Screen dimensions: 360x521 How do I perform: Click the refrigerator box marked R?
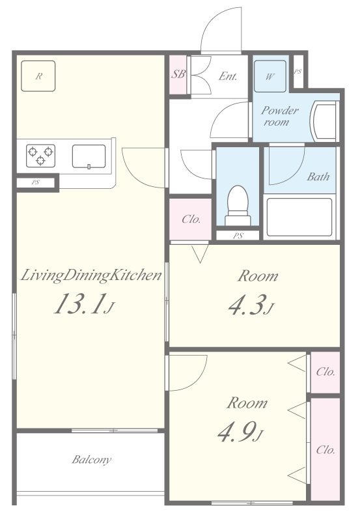pos(38,76)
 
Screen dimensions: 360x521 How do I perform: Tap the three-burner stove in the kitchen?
pos(40,156)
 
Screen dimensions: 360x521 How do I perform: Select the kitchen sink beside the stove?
pos(89,156)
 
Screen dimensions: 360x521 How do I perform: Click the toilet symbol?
pos(238,206)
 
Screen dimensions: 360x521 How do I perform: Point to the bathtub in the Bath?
pos(299,217)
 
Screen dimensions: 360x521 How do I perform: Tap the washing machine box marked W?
pos(270,76)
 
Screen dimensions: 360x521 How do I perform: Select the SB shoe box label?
pos(178,74)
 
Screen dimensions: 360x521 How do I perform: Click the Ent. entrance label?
pos(228,76)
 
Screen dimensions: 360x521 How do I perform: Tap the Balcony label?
pos(92,460)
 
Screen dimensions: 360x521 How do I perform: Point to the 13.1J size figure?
pos(85,303)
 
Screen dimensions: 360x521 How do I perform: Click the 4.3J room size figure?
pos(251,304)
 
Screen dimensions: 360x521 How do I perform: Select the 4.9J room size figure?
pos(240,432)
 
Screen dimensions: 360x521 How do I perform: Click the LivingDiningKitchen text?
pos(91,275)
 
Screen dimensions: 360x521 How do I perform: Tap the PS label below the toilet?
pos(238,236)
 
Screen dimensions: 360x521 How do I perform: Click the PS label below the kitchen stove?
pos(36,182)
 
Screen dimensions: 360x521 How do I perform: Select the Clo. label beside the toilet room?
pos(191,219)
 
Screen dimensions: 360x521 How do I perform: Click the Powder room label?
pos(280,116)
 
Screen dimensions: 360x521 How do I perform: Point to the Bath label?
pos(318,176)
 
